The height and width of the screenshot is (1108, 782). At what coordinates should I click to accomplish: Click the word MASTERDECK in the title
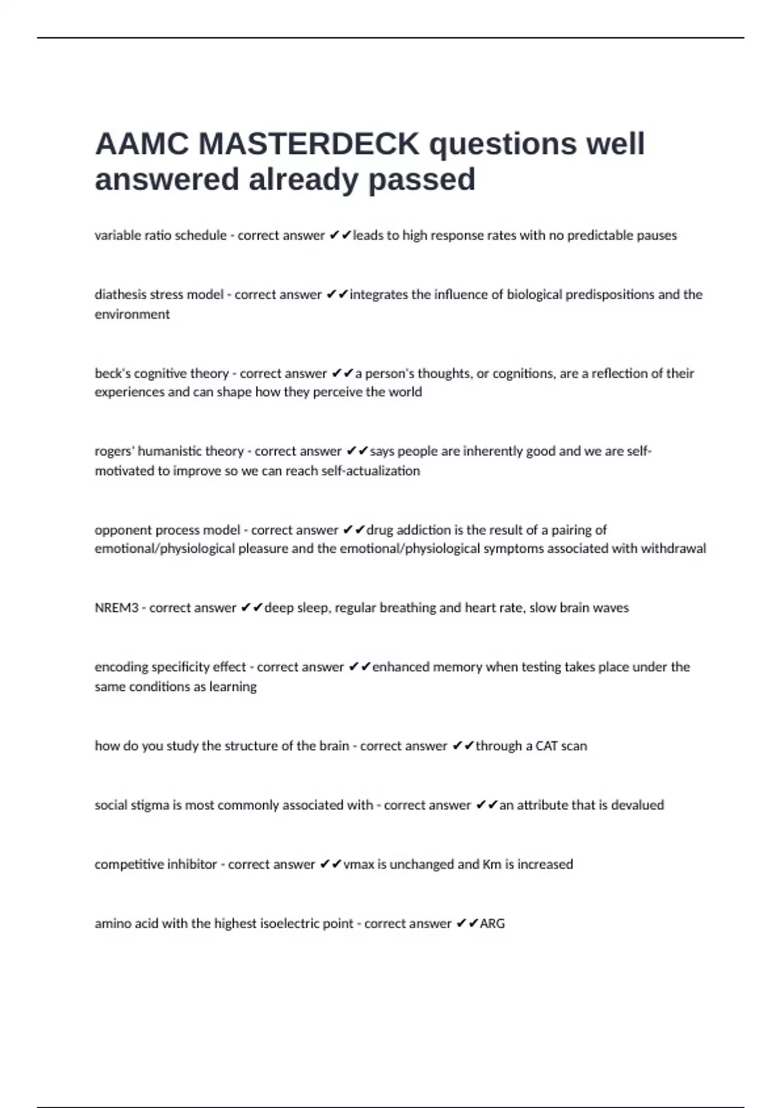309,143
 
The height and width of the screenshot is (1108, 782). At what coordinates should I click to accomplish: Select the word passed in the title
422,179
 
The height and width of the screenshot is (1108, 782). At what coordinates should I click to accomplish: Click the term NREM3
117,608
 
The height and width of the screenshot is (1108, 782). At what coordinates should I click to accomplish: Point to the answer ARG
492,924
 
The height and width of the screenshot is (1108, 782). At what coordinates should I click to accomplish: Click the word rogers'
114,451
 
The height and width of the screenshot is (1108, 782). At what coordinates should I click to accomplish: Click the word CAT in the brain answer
546,746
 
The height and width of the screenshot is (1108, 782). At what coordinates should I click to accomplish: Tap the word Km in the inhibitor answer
491,864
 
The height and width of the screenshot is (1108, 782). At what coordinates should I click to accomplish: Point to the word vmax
359,864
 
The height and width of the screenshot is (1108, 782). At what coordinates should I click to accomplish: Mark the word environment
132,314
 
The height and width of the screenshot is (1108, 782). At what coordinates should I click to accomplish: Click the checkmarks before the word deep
252,607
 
